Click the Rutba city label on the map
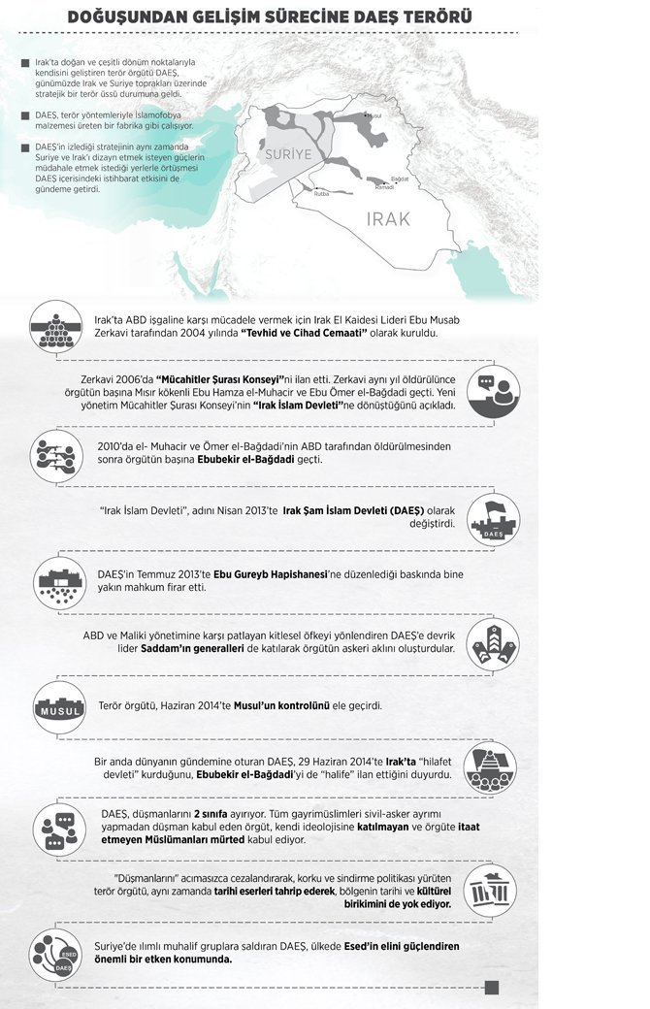tap(322, 193)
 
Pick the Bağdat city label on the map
tap(399, 179)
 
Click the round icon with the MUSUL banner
tap(60, 707)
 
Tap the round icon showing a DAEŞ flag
tap(493, 520)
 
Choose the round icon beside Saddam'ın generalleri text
tap(493, 642)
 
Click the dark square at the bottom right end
tap(491, 988)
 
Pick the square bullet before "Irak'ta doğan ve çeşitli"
tap(24, 65)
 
